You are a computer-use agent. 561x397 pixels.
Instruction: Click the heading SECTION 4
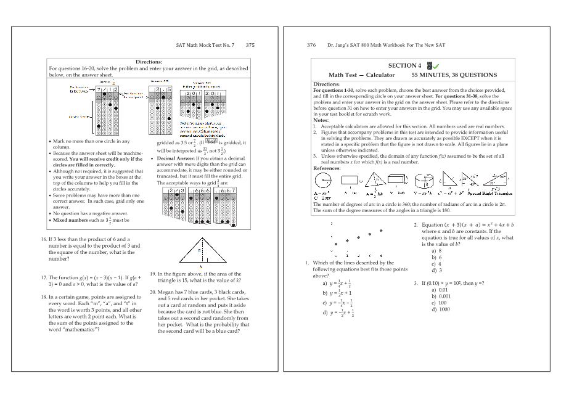pyautogui.click(x=405, y=66)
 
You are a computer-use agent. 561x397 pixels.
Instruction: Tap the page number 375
pyautogui.click(x=250, y=45)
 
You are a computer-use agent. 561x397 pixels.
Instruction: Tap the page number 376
pyautogui.click(x=311, y=45)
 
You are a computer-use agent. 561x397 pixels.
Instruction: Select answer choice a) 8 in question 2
pyautogui.click(x=436, y=251)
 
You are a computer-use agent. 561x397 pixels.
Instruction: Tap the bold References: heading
pyautogui.click(x=327, y=168)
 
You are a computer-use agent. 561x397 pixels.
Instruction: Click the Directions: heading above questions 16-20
pyautogui.click(x=149, y=62)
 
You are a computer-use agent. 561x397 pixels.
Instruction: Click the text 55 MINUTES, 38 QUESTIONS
pyautogui.click(x=454, y=75)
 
